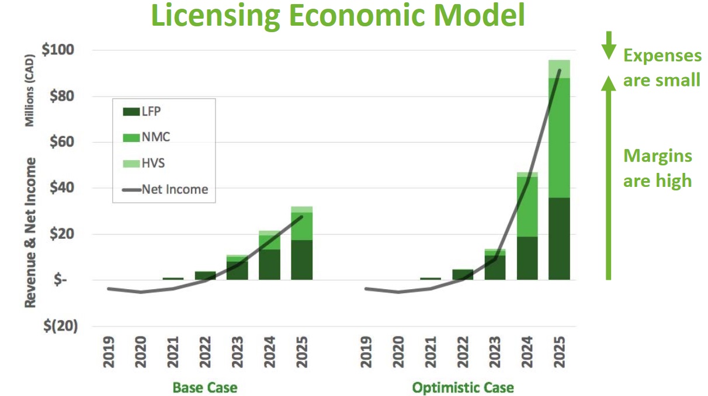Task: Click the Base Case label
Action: tap(204, 387)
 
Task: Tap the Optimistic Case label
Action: tap(463, 387)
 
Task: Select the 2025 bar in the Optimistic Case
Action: tap(558, 169)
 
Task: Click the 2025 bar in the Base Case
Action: tap(301, 243)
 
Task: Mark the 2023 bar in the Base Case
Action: tap(237, 268)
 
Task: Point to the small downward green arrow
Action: tap(609, 45)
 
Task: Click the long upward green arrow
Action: tap(609, 178)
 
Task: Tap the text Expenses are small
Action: tap(662, 68)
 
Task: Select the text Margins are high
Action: tap(658, 168)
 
